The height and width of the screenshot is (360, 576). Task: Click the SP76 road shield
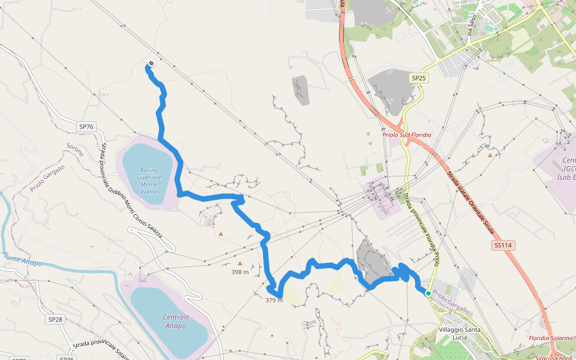86,127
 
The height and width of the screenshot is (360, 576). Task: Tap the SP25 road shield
419,78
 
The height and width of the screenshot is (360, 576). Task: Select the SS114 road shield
505,245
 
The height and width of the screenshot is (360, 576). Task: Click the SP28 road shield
55,320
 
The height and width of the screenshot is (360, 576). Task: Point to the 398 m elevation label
240,272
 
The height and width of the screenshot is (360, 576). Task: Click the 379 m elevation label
274,301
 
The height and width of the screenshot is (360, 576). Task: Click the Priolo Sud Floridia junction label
407,135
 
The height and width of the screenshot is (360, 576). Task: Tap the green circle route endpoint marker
428,293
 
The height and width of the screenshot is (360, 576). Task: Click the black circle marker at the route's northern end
151,64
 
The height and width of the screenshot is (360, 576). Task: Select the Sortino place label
74,149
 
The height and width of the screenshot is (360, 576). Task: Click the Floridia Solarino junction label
551,338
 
